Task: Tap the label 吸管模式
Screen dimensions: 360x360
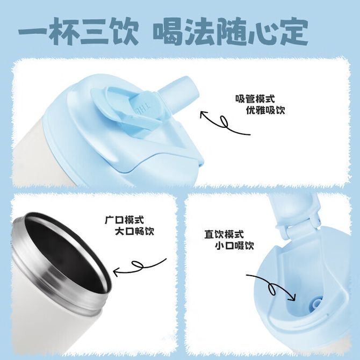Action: pos(255,99)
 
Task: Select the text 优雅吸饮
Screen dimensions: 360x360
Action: pos(265,110)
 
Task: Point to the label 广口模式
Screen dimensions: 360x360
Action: pos(124,220)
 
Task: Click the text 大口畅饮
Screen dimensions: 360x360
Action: pos(134,231)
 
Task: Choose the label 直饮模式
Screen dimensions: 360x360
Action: pos(224,234)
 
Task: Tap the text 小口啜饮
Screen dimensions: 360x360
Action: pos(234,246)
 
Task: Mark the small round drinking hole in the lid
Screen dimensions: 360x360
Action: pos(316,303)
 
